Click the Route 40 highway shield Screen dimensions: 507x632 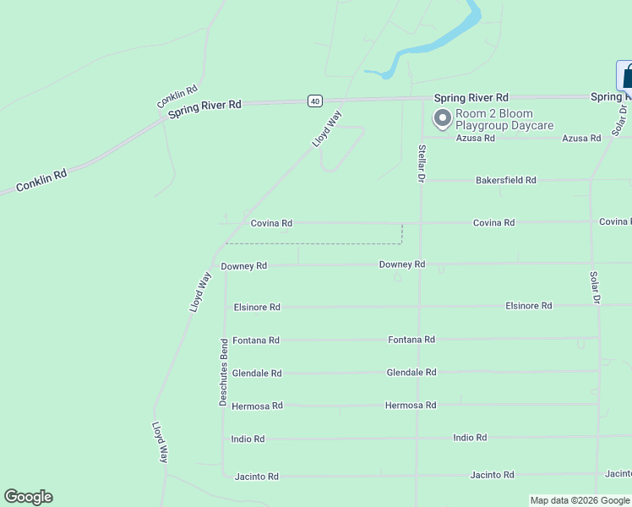(x=314, y=101)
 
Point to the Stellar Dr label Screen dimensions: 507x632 (x=421, y=163)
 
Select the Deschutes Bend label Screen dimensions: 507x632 (x=224, y=373)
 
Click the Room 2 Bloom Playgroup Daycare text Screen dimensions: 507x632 (x=504, y=120)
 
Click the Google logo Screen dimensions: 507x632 (x=28, y=497)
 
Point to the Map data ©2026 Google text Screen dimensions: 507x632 (x=580, y=500)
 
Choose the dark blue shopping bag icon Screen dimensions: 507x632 (x=626, y=76)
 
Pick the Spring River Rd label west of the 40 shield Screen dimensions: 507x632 (x=204, y=108)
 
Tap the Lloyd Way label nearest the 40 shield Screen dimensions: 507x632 (x=326, y=129)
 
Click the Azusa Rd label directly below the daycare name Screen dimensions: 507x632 (x=475, y=138)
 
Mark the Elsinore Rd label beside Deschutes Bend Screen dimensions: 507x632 (x=257, y=307)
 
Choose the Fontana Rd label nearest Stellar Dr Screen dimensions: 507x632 (x=411, y=339)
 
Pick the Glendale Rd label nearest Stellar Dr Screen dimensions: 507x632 (x=411, y=372)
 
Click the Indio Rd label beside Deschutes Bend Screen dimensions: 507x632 (x=248, y=439)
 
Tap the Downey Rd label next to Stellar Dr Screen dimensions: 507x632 (x=402, y=264)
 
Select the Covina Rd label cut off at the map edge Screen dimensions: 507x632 (x=615, y=221)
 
